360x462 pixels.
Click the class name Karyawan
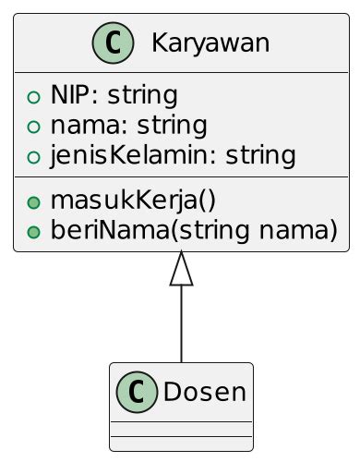click(x=210, y=43)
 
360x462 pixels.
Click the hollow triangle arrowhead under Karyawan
click(x=182, y=268)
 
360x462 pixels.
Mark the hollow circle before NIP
click(x=34, y=96)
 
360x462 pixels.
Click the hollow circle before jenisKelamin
click(x=34, y=155)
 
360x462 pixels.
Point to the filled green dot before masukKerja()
click(x=34, y=200)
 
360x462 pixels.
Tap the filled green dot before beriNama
click(x=34, y=229)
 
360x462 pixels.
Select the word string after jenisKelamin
click(x=261, y=154)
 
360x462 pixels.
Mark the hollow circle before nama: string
click(x=34, y=126)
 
